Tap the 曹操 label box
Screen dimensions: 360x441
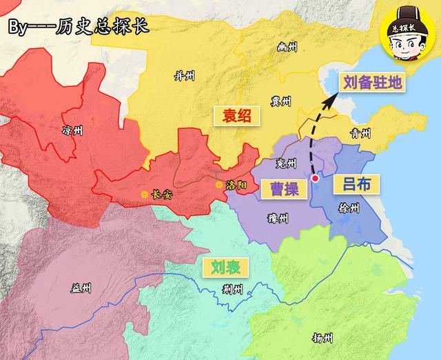[x=283, y=187]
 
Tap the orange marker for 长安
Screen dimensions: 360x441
[x=144, y=195]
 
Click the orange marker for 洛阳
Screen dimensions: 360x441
[x=220, y=185]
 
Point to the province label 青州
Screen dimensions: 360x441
[x=360, y=134]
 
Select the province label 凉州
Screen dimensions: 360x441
[x=72, y=130]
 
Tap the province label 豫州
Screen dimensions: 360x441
[x=278, y=219]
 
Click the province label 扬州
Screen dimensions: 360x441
[x=322, y=339]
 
